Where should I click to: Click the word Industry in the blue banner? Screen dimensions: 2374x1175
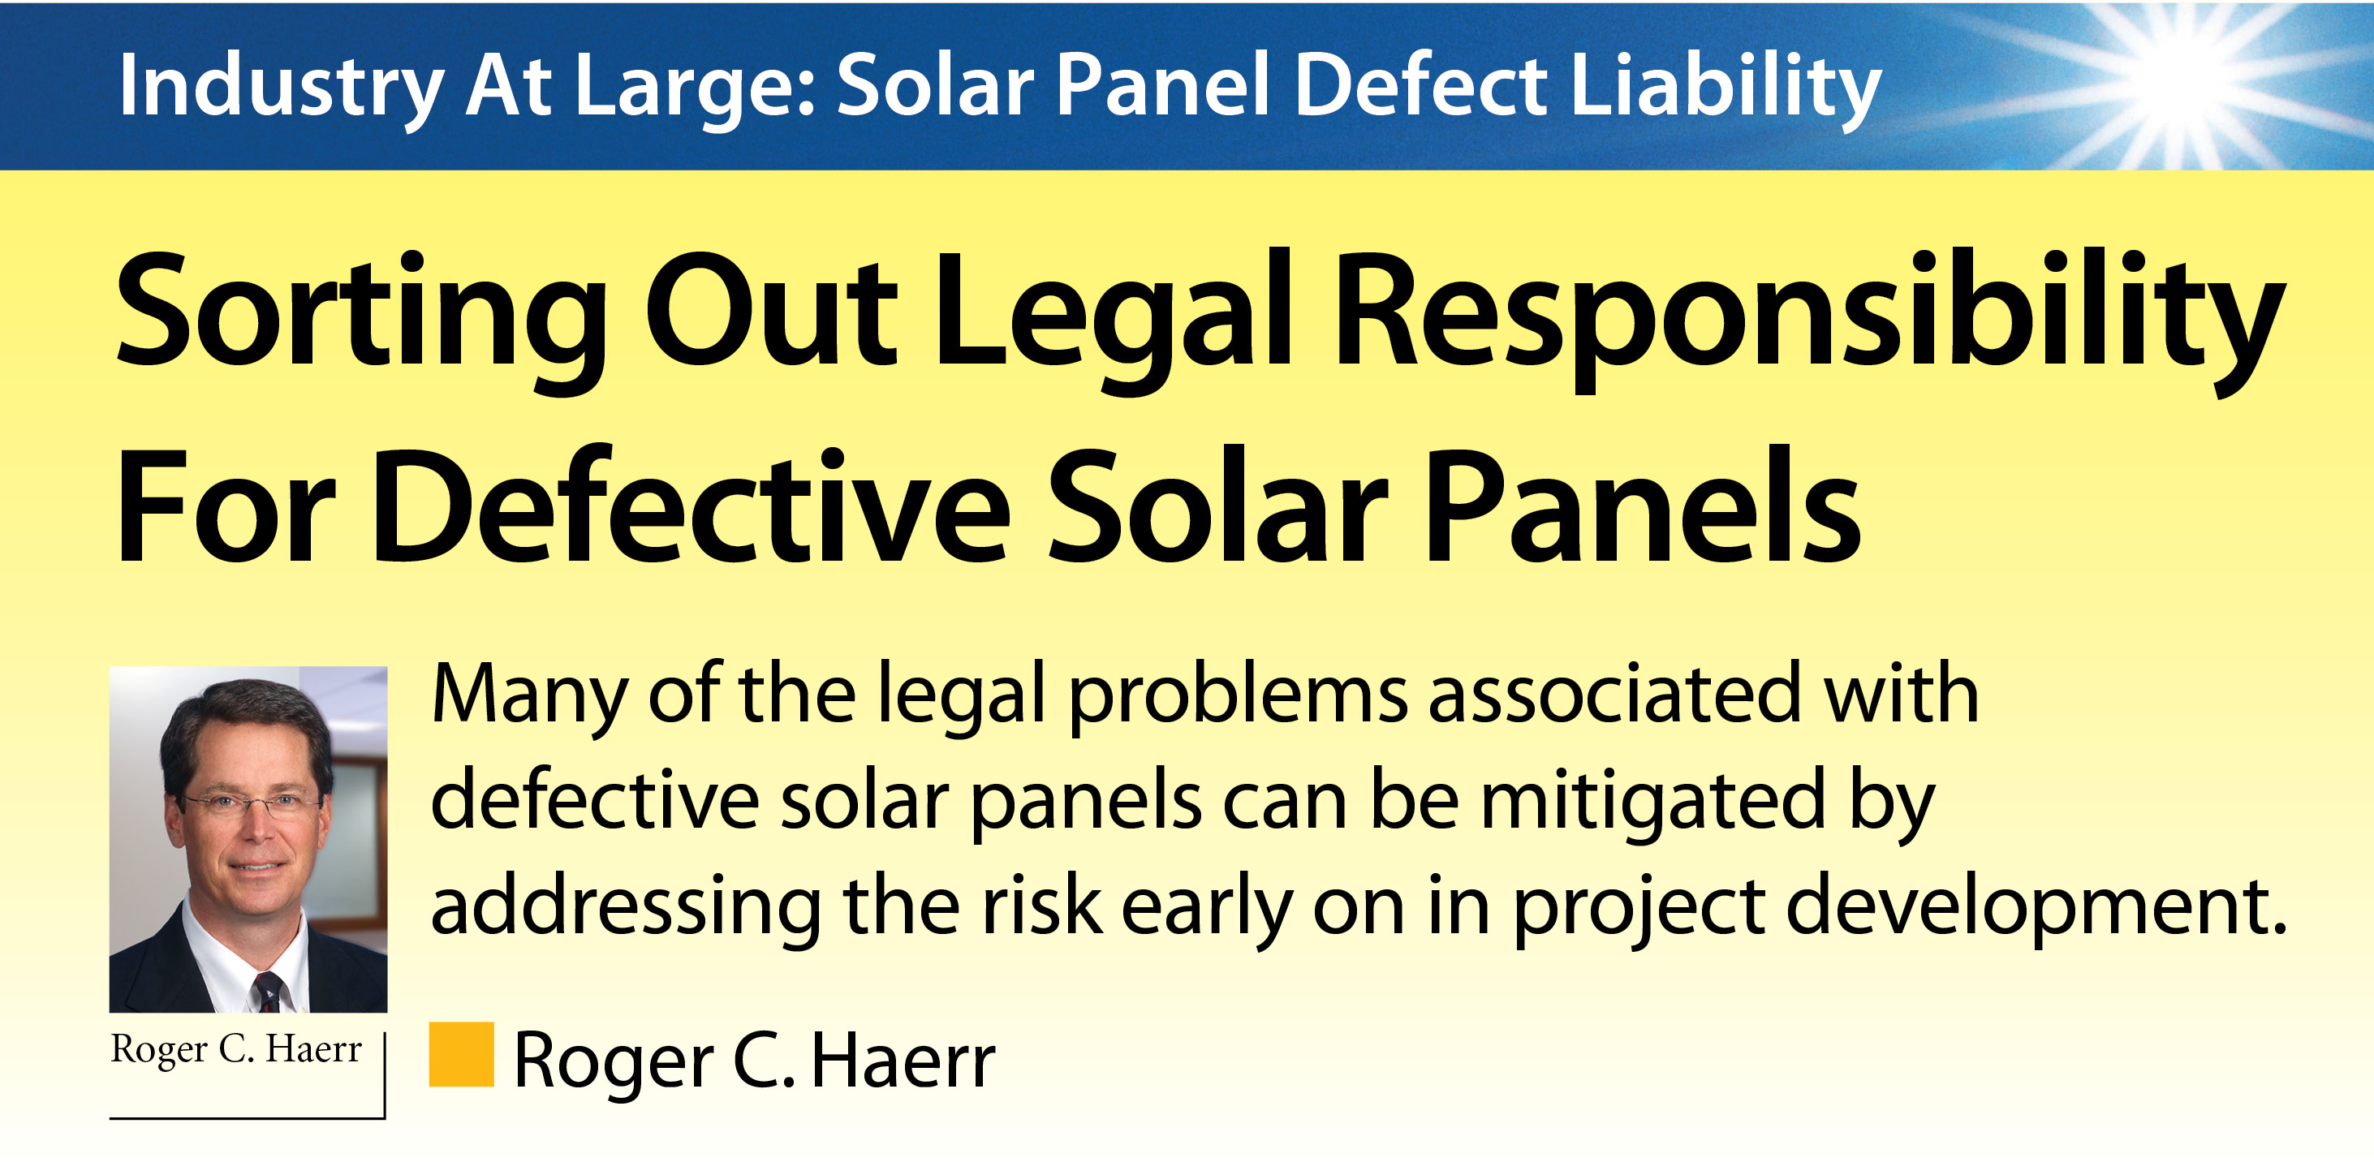click(x=282, y=88)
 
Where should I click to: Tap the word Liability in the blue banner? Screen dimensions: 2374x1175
click(x=1726, y=88)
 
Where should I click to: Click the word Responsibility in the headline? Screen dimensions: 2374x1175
click(x=1811, y=318)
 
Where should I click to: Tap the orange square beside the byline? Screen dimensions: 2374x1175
click(x=462, y=1054)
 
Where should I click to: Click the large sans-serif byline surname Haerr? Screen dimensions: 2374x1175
click(x=903, y=1061)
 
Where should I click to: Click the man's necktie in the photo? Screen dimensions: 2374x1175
click(x=268, y=992)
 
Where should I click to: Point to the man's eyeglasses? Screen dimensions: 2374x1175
click(x=247, y=804)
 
